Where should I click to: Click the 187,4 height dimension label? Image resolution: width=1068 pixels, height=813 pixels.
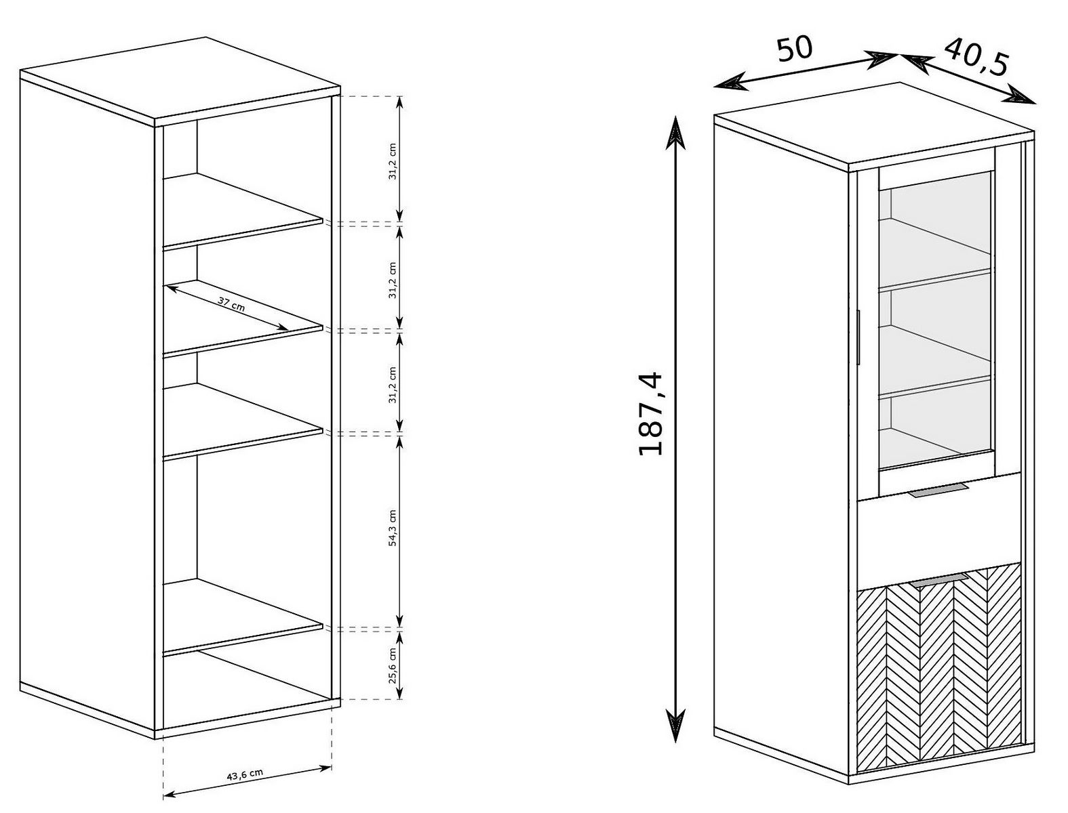click(650, 413)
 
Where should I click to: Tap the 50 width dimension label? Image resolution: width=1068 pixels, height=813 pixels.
click(794, 49)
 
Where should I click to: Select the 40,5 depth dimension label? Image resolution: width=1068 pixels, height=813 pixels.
click(976, 58)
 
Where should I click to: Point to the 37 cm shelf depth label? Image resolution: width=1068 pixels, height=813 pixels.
click(231, 304)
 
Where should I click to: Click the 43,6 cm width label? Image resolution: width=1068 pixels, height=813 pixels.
click(245, 774)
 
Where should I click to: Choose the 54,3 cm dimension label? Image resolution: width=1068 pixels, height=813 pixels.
click(393, 528)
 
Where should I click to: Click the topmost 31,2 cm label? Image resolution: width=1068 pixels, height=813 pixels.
click(393, 161)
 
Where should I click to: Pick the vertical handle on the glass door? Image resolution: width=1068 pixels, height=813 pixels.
click(859, 336)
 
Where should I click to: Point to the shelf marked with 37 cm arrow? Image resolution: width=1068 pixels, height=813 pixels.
click(242, 319)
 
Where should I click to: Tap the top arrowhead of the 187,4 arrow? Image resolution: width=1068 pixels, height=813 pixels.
click(675, 131)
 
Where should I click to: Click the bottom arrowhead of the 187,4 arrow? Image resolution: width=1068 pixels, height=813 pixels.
click(675, 725)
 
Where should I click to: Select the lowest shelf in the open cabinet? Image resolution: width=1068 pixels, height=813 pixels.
click(242, 617)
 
